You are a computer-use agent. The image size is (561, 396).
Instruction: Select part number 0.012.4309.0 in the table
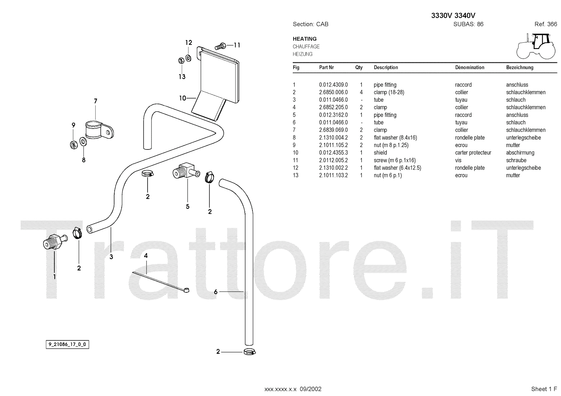[333, 85]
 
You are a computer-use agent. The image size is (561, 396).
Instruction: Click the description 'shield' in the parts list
[380, 153]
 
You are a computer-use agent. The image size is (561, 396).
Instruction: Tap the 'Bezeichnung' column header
[520, 67]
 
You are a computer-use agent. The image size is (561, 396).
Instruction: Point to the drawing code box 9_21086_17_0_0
[67, 345]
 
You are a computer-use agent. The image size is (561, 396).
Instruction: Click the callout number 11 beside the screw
[237, 45]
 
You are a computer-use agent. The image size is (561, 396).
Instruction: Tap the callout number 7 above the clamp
[95, 101]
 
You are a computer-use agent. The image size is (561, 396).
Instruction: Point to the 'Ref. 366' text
[546, 24]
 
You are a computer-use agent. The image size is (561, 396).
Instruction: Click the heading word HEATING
[305, 39]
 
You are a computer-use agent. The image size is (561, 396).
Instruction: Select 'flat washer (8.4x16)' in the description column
[395, 138]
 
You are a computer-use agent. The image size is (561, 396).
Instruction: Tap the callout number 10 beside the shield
[182, 98]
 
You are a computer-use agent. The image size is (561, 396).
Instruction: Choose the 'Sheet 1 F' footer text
[544, 389]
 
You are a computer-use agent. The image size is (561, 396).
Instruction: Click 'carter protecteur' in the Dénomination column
[473, 153]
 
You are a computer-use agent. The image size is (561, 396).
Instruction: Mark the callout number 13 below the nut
[182, 77]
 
